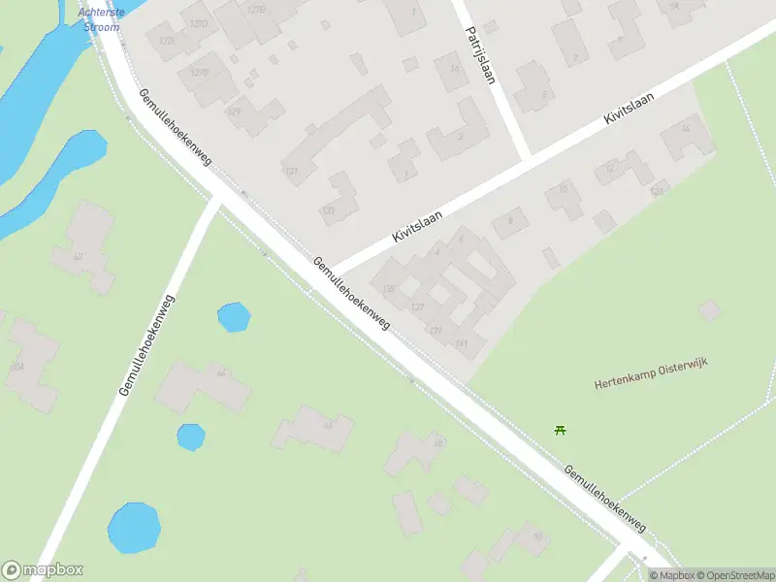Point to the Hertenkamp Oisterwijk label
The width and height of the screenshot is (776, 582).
pyautogui.click(x=651, y=372)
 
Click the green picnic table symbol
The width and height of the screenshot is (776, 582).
pyautogui.click(x=560, y=430)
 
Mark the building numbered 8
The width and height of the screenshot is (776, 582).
pyautogui.click(x=509, y=224)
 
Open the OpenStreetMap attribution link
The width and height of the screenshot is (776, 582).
pyautogui.click(x=733, y=575)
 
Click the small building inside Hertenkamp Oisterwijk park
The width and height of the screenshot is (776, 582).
pyautogui.click(x=710, y=310)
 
